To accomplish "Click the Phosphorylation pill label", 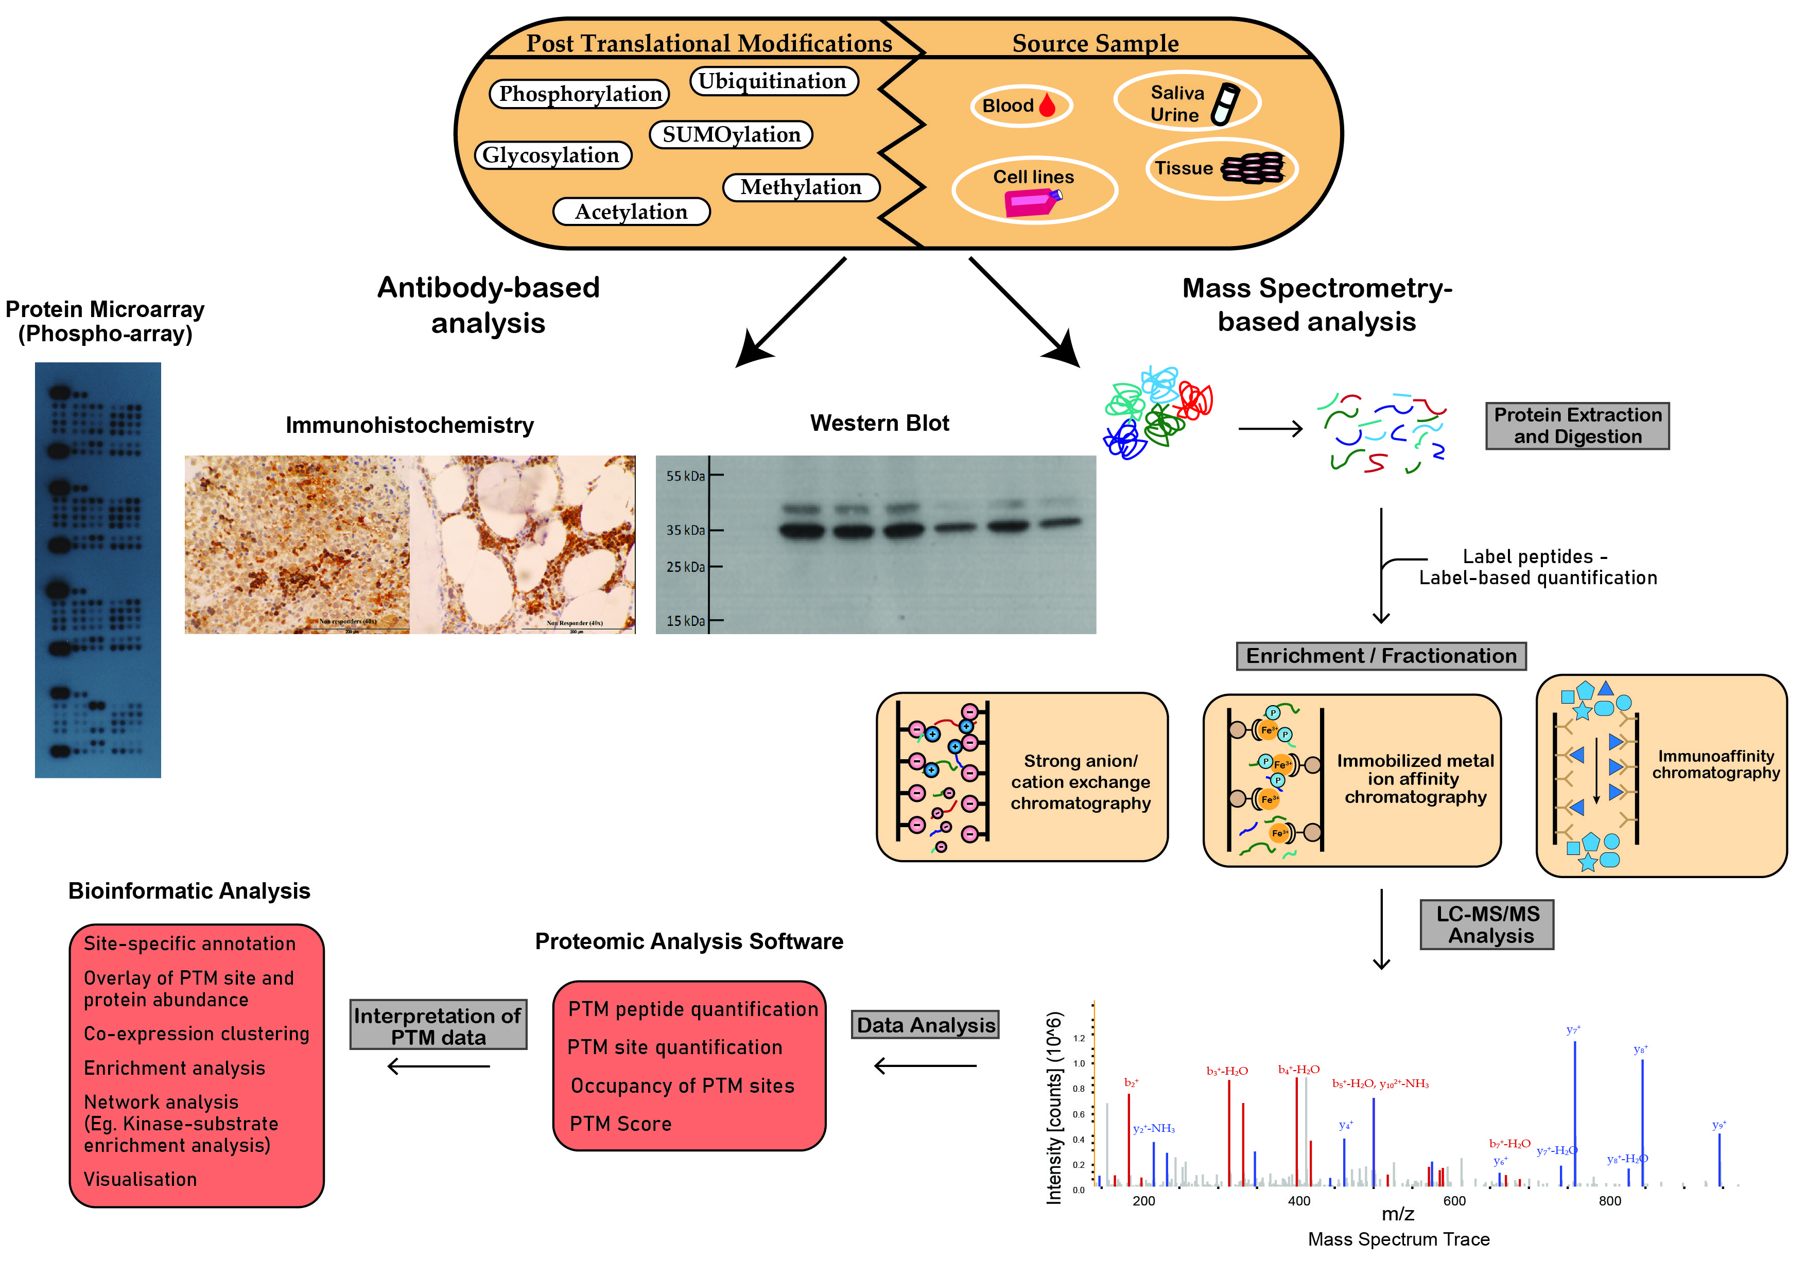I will pos(580,94).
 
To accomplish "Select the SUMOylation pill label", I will pos(731,134).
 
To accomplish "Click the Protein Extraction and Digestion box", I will pos(1577,425).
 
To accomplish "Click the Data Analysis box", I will pos(925,1025).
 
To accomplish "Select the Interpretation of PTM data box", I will pos(438,1025).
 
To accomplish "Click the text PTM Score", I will pos(620,1124).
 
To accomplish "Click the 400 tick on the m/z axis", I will pos(1299,1201).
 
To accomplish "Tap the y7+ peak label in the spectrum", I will pos(1573,1029).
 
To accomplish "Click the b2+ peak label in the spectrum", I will pos(1131,1083).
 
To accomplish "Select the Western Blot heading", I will pos(879,423).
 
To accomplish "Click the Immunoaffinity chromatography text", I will pos(1715,764).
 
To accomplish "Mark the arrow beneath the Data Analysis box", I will pos(925,1066).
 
